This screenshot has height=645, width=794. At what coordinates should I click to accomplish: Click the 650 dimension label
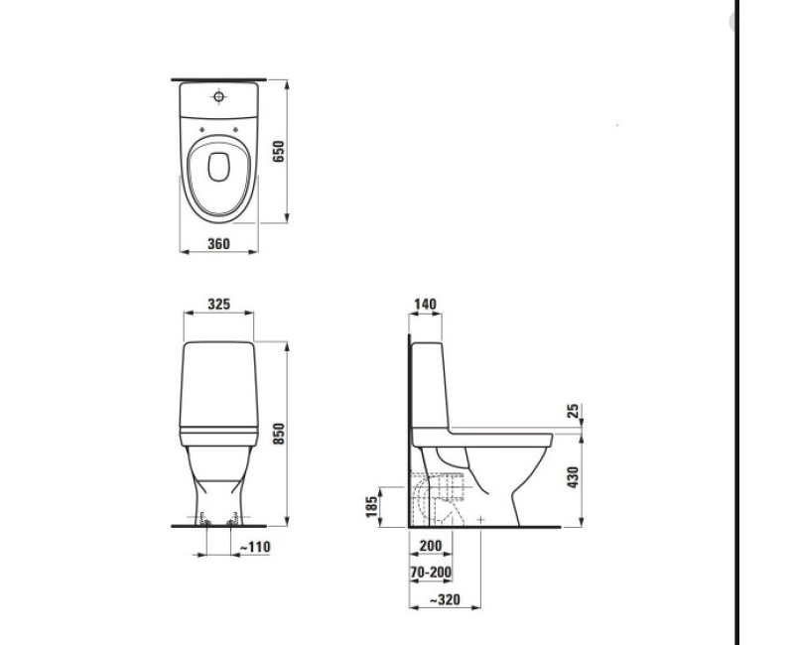tap(279, 151)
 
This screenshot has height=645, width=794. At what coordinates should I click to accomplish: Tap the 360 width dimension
tap(218, 243)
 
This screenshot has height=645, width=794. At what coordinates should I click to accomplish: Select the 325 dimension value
tap(219, 304)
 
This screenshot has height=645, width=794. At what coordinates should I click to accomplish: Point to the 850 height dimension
tap(279, 433)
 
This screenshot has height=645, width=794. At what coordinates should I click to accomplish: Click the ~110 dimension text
tap(254, 547)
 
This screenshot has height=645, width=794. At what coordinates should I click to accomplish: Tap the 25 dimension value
tap(574, 411)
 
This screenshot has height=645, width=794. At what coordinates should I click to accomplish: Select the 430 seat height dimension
tap(574, 478)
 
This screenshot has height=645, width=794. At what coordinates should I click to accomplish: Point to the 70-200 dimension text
tap(429, 573)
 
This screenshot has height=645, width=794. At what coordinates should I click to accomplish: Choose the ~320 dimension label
tap(443, 599)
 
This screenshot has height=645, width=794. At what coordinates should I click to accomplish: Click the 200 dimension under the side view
tap(430, 547)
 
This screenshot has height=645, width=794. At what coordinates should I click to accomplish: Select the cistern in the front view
tap(219, 382)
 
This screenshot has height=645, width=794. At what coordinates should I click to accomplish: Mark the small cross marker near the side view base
tap(480, 519)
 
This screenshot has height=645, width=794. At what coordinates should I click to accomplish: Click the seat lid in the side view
tap(501, 432)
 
